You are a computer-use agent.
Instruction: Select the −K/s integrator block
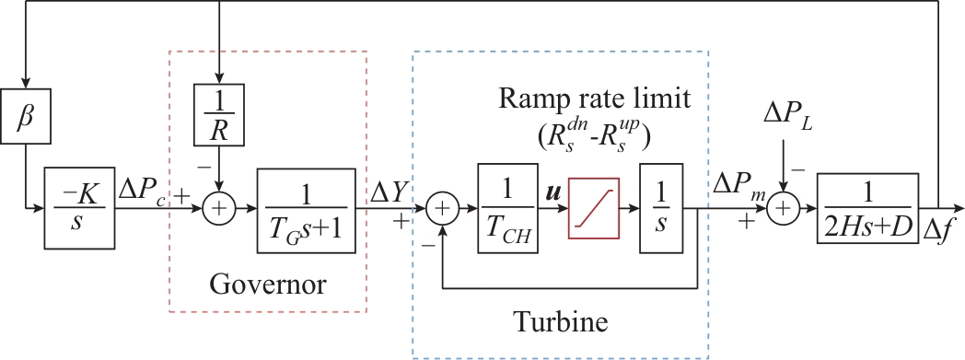click(79, 207)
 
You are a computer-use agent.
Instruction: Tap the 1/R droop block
click(219, 115)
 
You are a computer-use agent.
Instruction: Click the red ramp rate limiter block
click(594, 209)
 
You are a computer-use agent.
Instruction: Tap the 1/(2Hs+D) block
click(867, 208)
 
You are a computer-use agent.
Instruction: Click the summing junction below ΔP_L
click(782, 209)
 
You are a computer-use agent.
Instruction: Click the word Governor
click(267, 285)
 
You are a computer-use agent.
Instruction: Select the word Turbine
click(561, 321)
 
